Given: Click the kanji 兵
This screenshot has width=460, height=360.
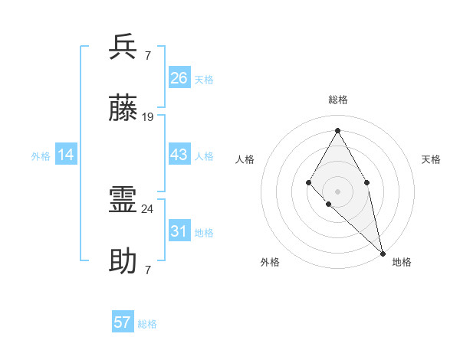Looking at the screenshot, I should click(x=123, y=47).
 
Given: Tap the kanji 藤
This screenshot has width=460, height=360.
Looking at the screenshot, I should click(x=123, y=109).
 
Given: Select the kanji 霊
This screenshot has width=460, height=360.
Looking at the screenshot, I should click(x=123, y=201).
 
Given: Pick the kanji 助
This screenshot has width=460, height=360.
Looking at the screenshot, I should click(x=123, y=262).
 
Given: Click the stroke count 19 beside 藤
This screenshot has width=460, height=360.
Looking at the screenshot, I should click(x=148, y=117).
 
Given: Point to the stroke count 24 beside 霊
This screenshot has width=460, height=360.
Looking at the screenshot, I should click(x=148, y=208).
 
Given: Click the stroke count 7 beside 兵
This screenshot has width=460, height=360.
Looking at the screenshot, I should click(x=147, y=55).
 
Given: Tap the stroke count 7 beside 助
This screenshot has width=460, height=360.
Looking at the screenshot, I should click(x=147, y=270).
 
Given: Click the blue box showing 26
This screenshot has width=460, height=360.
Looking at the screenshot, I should click(x=179, y=78).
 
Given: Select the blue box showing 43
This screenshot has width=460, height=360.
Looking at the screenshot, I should click(x=179, y=155).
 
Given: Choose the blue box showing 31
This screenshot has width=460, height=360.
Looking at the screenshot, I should click(x=179, y=231).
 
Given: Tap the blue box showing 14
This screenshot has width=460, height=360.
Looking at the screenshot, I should click(x=66, y=155).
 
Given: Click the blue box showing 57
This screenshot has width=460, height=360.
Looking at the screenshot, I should click(x=123, y=322).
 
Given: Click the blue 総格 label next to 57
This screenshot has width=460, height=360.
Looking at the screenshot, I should click(x=147, y=324).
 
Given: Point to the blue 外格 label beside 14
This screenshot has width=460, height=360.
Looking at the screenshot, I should click(x=41, y=156).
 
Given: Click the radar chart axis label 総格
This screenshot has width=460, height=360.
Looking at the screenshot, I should click(x=337, y=100).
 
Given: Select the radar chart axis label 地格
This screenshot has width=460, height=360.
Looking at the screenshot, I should click(x=402, y=262).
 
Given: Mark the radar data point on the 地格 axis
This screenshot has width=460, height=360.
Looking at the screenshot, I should click(x=383, y=253).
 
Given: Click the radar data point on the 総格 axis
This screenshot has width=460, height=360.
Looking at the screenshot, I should click(x=337, y=129).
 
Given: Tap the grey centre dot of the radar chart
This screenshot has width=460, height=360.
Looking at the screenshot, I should click(x=337, y=191).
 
